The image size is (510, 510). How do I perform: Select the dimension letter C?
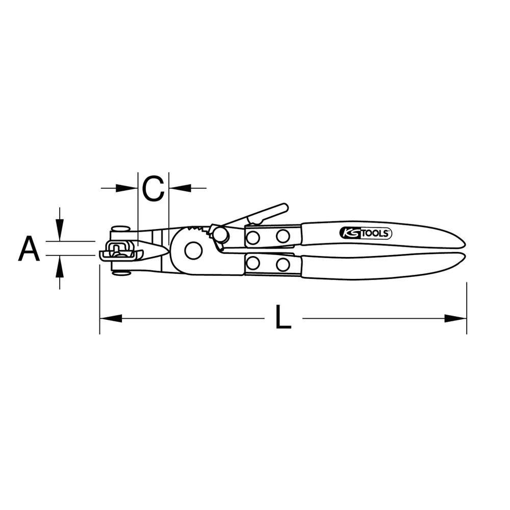click(x=153, y=188)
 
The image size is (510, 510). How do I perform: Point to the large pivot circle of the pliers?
click(x=193, y=250)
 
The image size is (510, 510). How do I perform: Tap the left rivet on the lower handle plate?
click(x=253, y=264)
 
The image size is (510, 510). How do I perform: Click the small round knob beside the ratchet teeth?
click(x=221, y=235)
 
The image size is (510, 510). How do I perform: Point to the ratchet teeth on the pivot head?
click(x=199, y=229)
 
